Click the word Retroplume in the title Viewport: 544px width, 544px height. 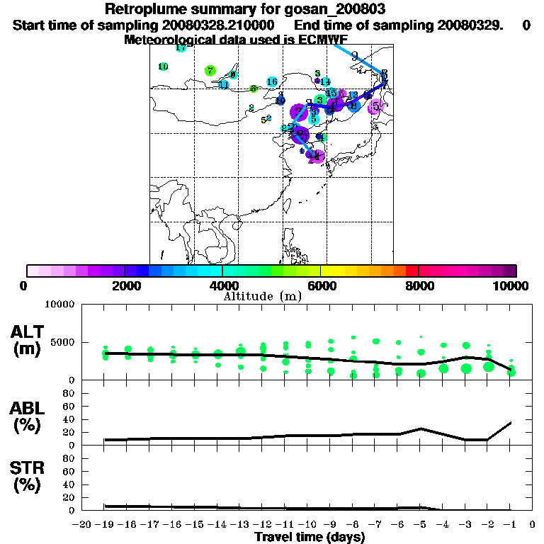pos(146,9)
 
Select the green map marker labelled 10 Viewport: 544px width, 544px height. pos(163,67)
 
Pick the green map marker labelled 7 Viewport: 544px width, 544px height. pos(210,71)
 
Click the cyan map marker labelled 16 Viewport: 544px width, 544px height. pos(272,82)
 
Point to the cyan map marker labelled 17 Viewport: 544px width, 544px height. pos(181,48)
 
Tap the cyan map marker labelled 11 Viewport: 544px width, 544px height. pos(224,85)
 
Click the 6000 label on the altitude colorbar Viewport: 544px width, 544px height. pos(320,285)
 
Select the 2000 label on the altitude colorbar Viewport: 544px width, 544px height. pos(124,285)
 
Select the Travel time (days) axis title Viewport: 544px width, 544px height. pos(310,538)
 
